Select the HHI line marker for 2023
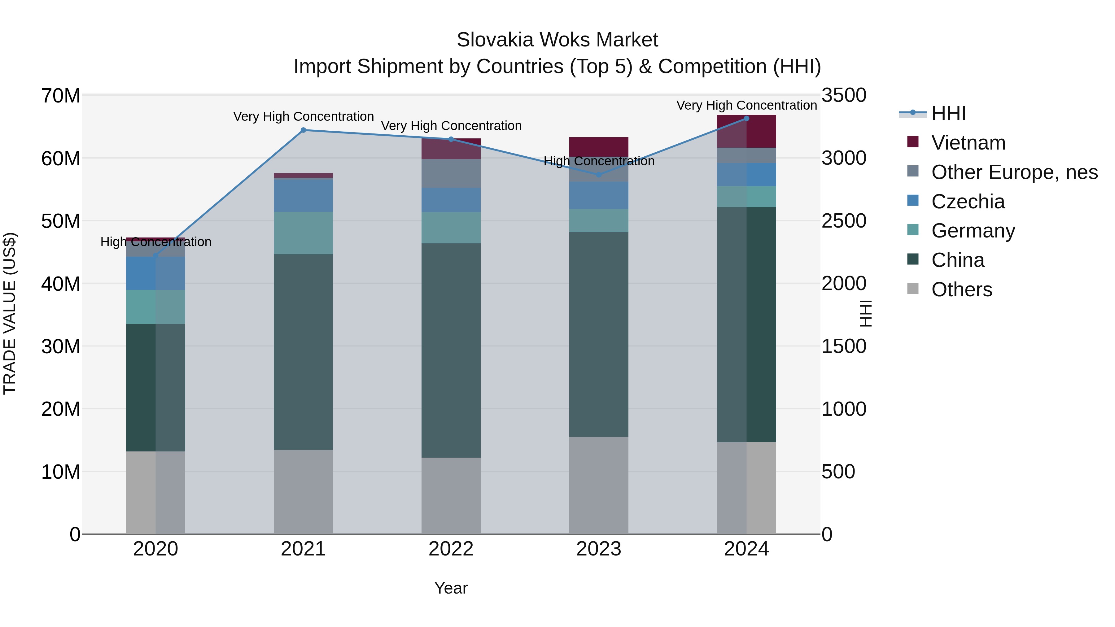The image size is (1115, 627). click(599, 175)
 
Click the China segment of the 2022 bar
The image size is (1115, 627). click(451, 351)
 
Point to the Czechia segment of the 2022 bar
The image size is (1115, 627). click(451, 200)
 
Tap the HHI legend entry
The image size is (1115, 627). click(948, 113)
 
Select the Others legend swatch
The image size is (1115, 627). click(912, 289)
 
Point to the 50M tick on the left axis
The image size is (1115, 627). click(61, 221)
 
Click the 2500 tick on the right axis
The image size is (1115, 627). click(844, 221)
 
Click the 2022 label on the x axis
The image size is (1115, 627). click(451, 549)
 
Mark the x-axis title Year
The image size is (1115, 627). click(451, 588)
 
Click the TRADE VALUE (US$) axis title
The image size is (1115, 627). click(10, 313)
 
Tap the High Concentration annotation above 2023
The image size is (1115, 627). click(599, 161)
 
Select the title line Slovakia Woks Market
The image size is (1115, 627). click(557, 40)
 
